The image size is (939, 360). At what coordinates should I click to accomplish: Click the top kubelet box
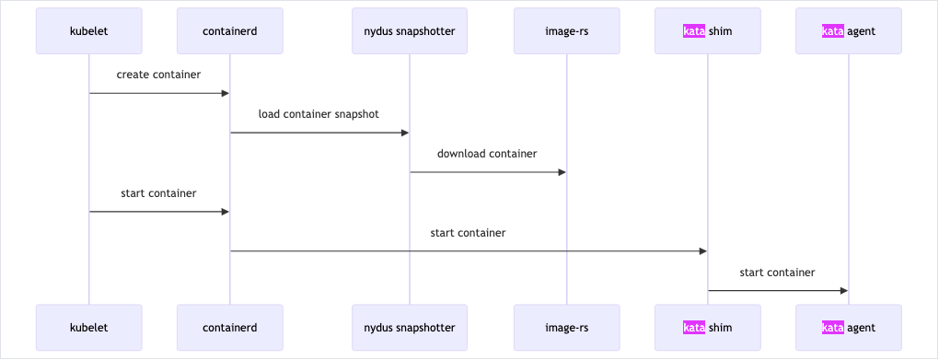tap(89, 31)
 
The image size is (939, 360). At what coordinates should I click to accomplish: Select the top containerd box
tap(230, 31)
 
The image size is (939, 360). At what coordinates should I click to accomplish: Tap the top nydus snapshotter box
tap(410, 31)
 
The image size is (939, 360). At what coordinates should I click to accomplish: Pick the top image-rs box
tap(567, 31)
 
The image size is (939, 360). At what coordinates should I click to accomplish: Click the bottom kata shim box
tap(708, 328)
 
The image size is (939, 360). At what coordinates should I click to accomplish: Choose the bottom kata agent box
tap(849, 328)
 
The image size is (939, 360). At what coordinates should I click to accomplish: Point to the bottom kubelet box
tap(89, 328)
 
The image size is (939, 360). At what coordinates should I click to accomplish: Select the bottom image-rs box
tap(567, 328)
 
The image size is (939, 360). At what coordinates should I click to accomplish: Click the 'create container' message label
tap(158, 75)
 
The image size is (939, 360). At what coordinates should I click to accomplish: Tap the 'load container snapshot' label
tap(319, 114)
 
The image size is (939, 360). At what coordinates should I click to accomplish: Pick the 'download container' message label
tap(487, 154)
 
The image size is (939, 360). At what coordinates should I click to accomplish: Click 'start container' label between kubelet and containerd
tap(158, 193)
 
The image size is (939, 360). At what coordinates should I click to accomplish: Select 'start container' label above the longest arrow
tap(468, 233)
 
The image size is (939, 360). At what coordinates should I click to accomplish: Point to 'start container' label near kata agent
tap(777, 273)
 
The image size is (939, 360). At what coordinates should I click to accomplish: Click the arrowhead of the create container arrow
tap(225, 93)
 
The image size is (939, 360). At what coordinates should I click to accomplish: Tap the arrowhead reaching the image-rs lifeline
tap(562, 172)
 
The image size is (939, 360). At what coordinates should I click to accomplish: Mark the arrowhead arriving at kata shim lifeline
tap(702, 251)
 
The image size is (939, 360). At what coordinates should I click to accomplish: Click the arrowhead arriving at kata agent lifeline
tap(843, 291)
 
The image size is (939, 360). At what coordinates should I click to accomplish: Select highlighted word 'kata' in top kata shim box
tap(694, 31)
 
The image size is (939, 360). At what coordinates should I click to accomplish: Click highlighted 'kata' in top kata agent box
tap(833, 31)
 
